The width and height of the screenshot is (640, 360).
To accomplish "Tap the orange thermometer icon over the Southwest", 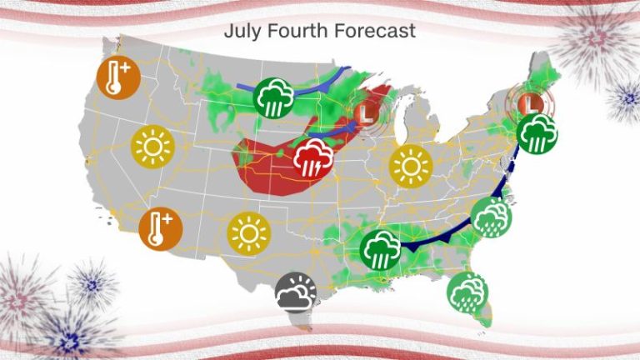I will (x=160, y=229).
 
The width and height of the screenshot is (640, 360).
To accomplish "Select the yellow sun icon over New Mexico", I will (x=247, y=233).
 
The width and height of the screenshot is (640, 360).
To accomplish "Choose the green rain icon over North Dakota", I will (x=274, y=97).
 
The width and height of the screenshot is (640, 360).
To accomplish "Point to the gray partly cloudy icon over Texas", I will (x=297, y=292).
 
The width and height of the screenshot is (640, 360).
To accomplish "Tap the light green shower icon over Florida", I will (x=467, y=292).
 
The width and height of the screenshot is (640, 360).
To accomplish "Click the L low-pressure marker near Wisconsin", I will (x=364, y=111).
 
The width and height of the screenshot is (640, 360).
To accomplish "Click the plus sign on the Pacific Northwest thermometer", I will (x=125, y=69).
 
